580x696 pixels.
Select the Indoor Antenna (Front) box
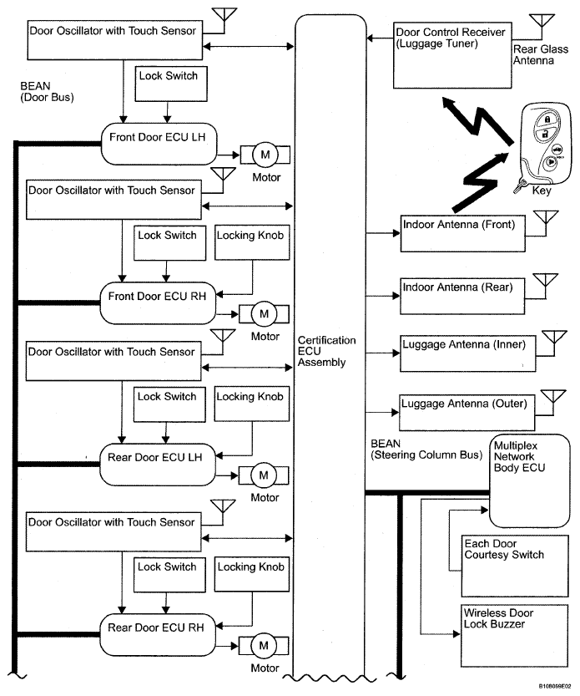pos(461,231)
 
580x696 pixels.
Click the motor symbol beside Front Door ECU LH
pos(266,155)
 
